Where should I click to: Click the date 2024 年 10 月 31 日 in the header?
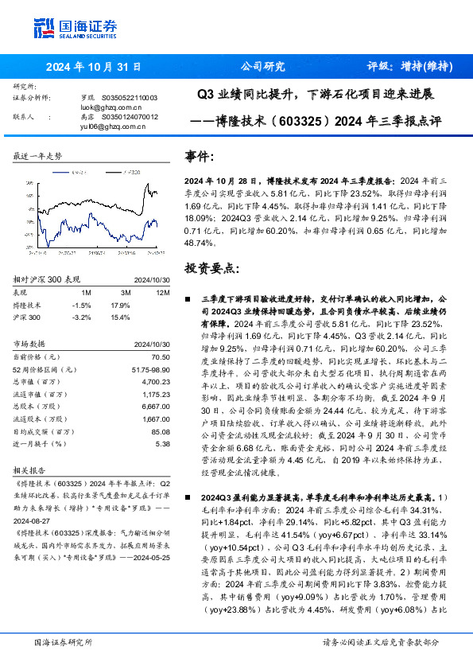tap(93, 67)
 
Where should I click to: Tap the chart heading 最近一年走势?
tap(37, 156)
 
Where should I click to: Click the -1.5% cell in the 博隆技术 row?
tap(80, 305)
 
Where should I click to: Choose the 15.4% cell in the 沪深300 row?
tap(120, 317)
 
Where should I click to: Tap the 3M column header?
tap(120, 293)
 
